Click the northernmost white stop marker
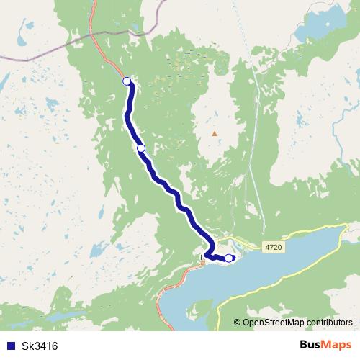pyautogui.click(x=127, y=81)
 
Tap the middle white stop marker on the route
pyautogui.click(x=141, y=148)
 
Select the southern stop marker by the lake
pyautogui.click(x=229, y=258)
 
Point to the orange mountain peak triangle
pyautogui.click(x=214, y=133)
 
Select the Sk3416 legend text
pyautogui.click(x=37, y=346)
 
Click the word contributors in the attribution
pyautogui.click(x=328, y=322)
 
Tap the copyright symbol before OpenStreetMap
pyautogui.click(x=237, y=322)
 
